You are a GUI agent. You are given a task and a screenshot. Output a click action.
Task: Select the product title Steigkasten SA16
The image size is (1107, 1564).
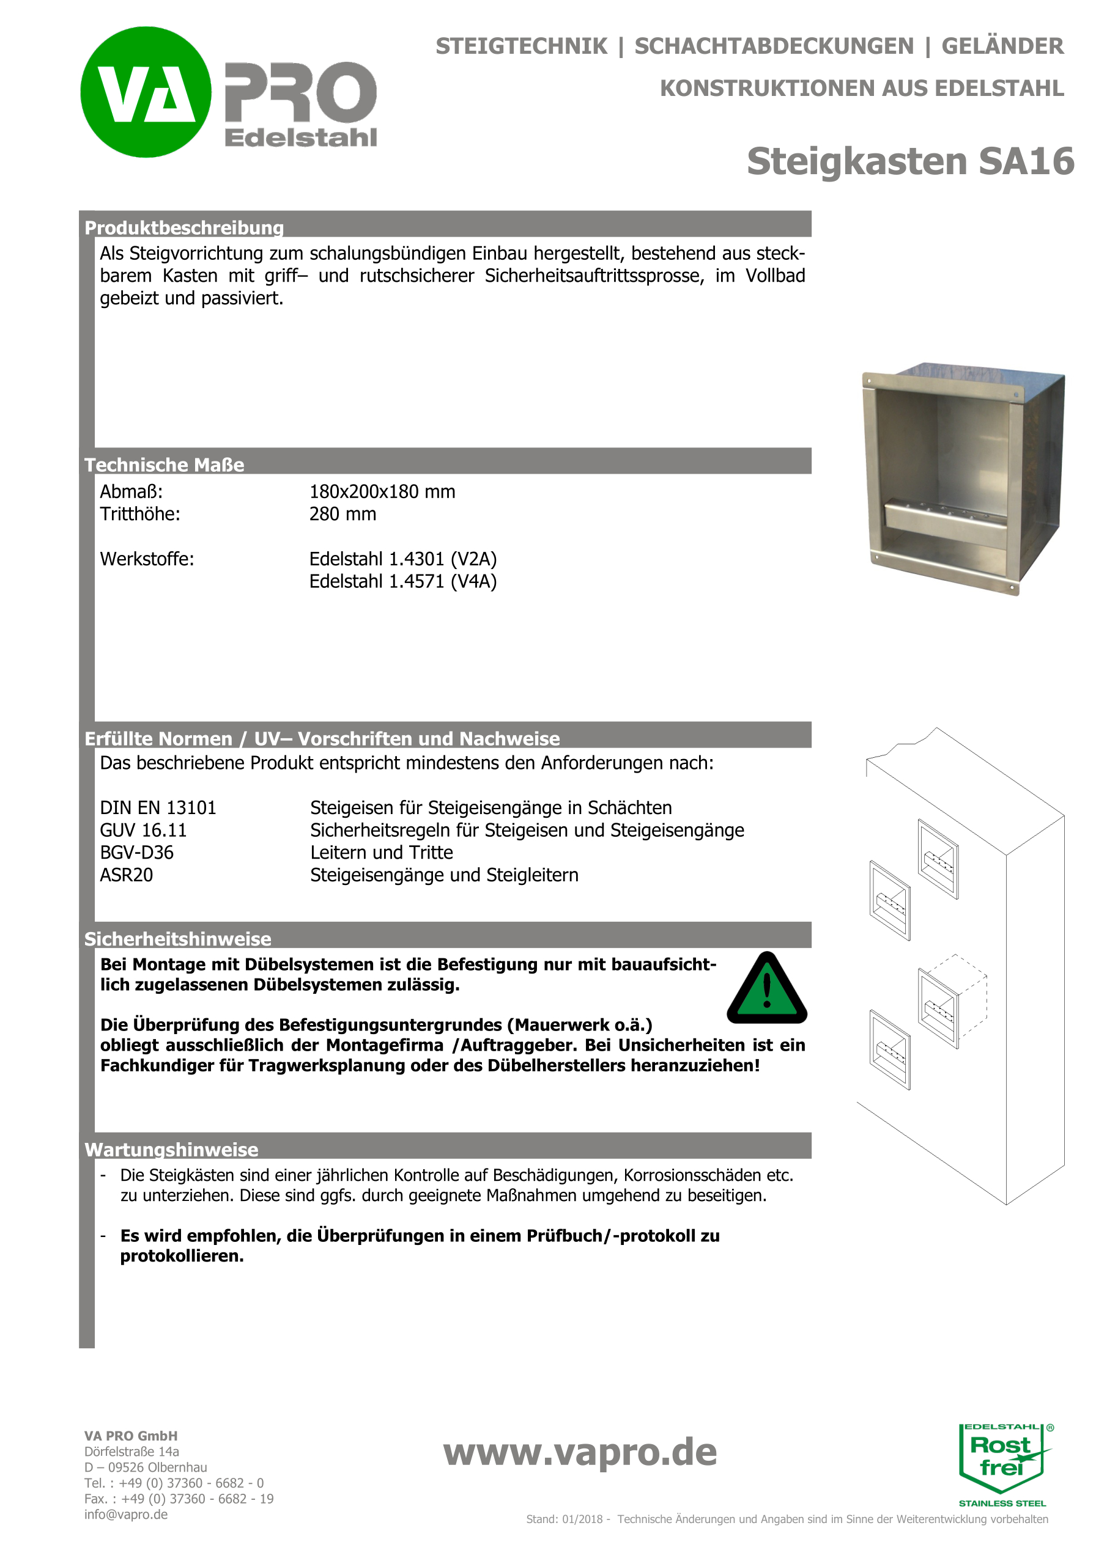[910, 161]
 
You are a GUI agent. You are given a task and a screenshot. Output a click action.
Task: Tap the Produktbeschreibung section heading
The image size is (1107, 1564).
[184, 227]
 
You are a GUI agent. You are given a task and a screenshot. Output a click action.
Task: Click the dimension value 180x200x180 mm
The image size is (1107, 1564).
[382, 491]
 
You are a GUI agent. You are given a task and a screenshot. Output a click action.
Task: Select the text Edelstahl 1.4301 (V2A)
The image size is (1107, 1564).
[402, 559]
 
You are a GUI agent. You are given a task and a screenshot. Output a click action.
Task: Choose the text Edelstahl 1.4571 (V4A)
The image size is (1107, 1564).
[402, 581]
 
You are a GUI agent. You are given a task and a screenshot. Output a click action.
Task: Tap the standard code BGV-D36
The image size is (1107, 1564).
[136, 852]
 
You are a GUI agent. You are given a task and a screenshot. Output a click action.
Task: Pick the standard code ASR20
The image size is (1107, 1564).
[126, 875]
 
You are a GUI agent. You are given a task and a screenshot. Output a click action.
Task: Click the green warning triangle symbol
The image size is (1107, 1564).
[767, 989]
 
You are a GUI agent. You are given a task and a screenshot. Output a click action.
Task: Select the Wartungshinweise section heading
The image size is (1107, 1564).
[171, 1149]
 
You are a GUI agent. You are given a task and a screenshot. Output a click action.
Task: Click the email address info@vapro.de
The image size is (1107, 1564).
[126, 1514]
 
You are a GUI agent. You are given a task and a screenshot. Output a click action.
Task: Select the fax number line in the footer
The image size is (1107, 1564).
[179, 1498]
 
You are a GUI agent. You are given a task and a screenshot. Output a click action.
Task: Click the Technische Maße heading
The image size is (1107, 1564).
[165, 464]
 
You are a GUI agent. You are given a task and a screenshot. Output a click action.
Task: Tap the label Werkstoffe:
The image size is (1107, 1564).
[147, 559]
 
